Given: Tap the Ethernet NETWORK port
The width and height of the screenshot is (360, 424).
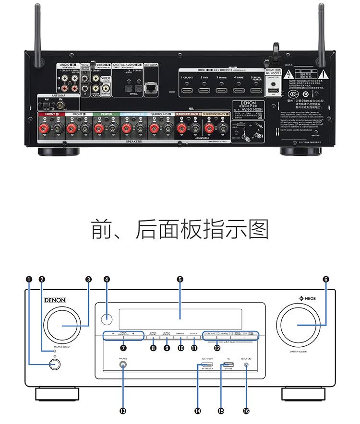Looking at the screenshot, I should tap(151, 87).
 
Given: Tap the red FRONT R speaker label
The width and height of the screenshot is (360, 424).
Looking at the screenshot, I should tap(51, 114).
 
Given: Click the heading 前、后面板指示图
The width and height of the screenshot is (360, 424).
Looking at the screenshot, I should tap(180, 230).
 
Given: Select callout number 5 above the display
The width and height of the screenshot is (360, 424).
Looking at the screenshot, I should tap(180, 279).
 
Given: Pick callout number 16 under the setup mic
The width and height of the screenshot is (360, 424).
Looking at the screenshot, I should tap(246, 411).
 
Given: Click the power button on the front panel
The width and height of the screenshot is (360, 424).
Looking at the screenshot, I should tap(54, 365).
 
